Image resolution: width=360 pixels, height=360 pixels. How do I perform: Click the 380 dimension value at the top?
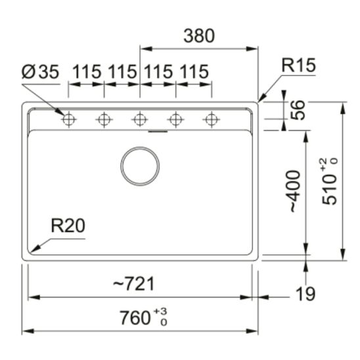(x=198, y=36)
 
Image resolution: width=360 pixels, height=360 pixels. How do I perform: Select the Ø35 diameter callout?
(x=39, y=71)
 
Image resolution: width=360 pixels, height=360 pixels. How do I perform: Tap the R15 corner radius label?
(x=298, y=66)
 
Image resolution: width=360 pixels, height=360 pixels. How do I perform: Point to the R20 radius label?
(x=68, y=226)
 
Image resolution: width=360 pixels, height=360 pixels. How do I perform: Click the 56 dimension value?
(x=298, y=110)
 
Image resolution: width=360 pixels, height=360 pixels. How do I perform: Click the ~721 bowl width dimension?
(x=134, y=284)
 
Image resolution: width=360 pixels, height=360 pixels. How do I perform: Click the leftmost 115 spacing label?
(x=86, y=71)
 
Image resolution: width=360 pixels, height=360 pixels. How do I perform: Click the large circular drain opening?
(x=140, y=166)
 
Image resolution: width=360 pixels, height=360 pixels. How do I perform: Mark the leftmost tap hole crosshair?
(x=68, y=120)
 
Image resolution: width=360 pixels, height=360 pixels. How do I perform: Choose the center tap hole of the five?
(x=139, y=120)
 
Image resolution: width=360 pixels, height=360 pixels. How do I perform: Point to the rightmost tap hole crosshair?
(x=211, y=120)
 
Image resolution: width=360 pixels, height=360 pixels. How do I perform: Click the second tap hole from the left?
(x=104, y=120)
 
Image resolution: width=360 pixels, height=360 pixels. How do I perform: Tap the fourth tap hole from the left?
(x=175, y=120)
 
